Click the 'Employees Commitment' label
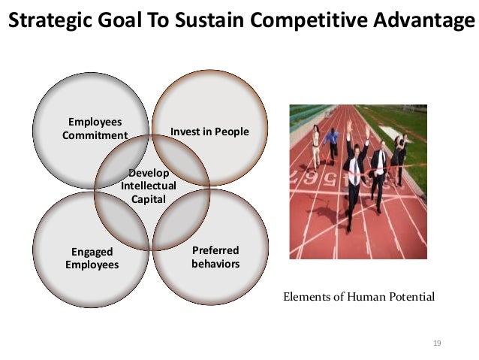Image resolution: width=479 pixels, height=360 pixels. click(x=95, y=129)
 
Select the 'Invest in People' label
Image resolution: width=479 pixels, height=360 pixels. click(x=209, y=132)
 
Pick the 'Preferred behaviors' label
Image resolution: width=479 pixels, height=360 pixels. click(x=215, y=257)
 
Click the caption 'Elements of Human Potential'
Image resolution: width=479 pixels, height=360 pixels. click(x=358, y=297)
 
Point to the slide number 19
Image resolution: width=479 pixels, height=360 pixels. click(x=437, y=343)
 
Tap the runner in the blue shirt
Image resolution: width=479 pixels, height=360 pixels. click(x=332, y=143)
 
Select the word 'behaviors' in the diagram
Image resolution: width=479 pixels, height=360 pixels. click(x=215, y=264)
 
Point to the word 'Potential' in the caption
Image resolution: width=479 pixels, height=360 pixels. click(x=410, y=297)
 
